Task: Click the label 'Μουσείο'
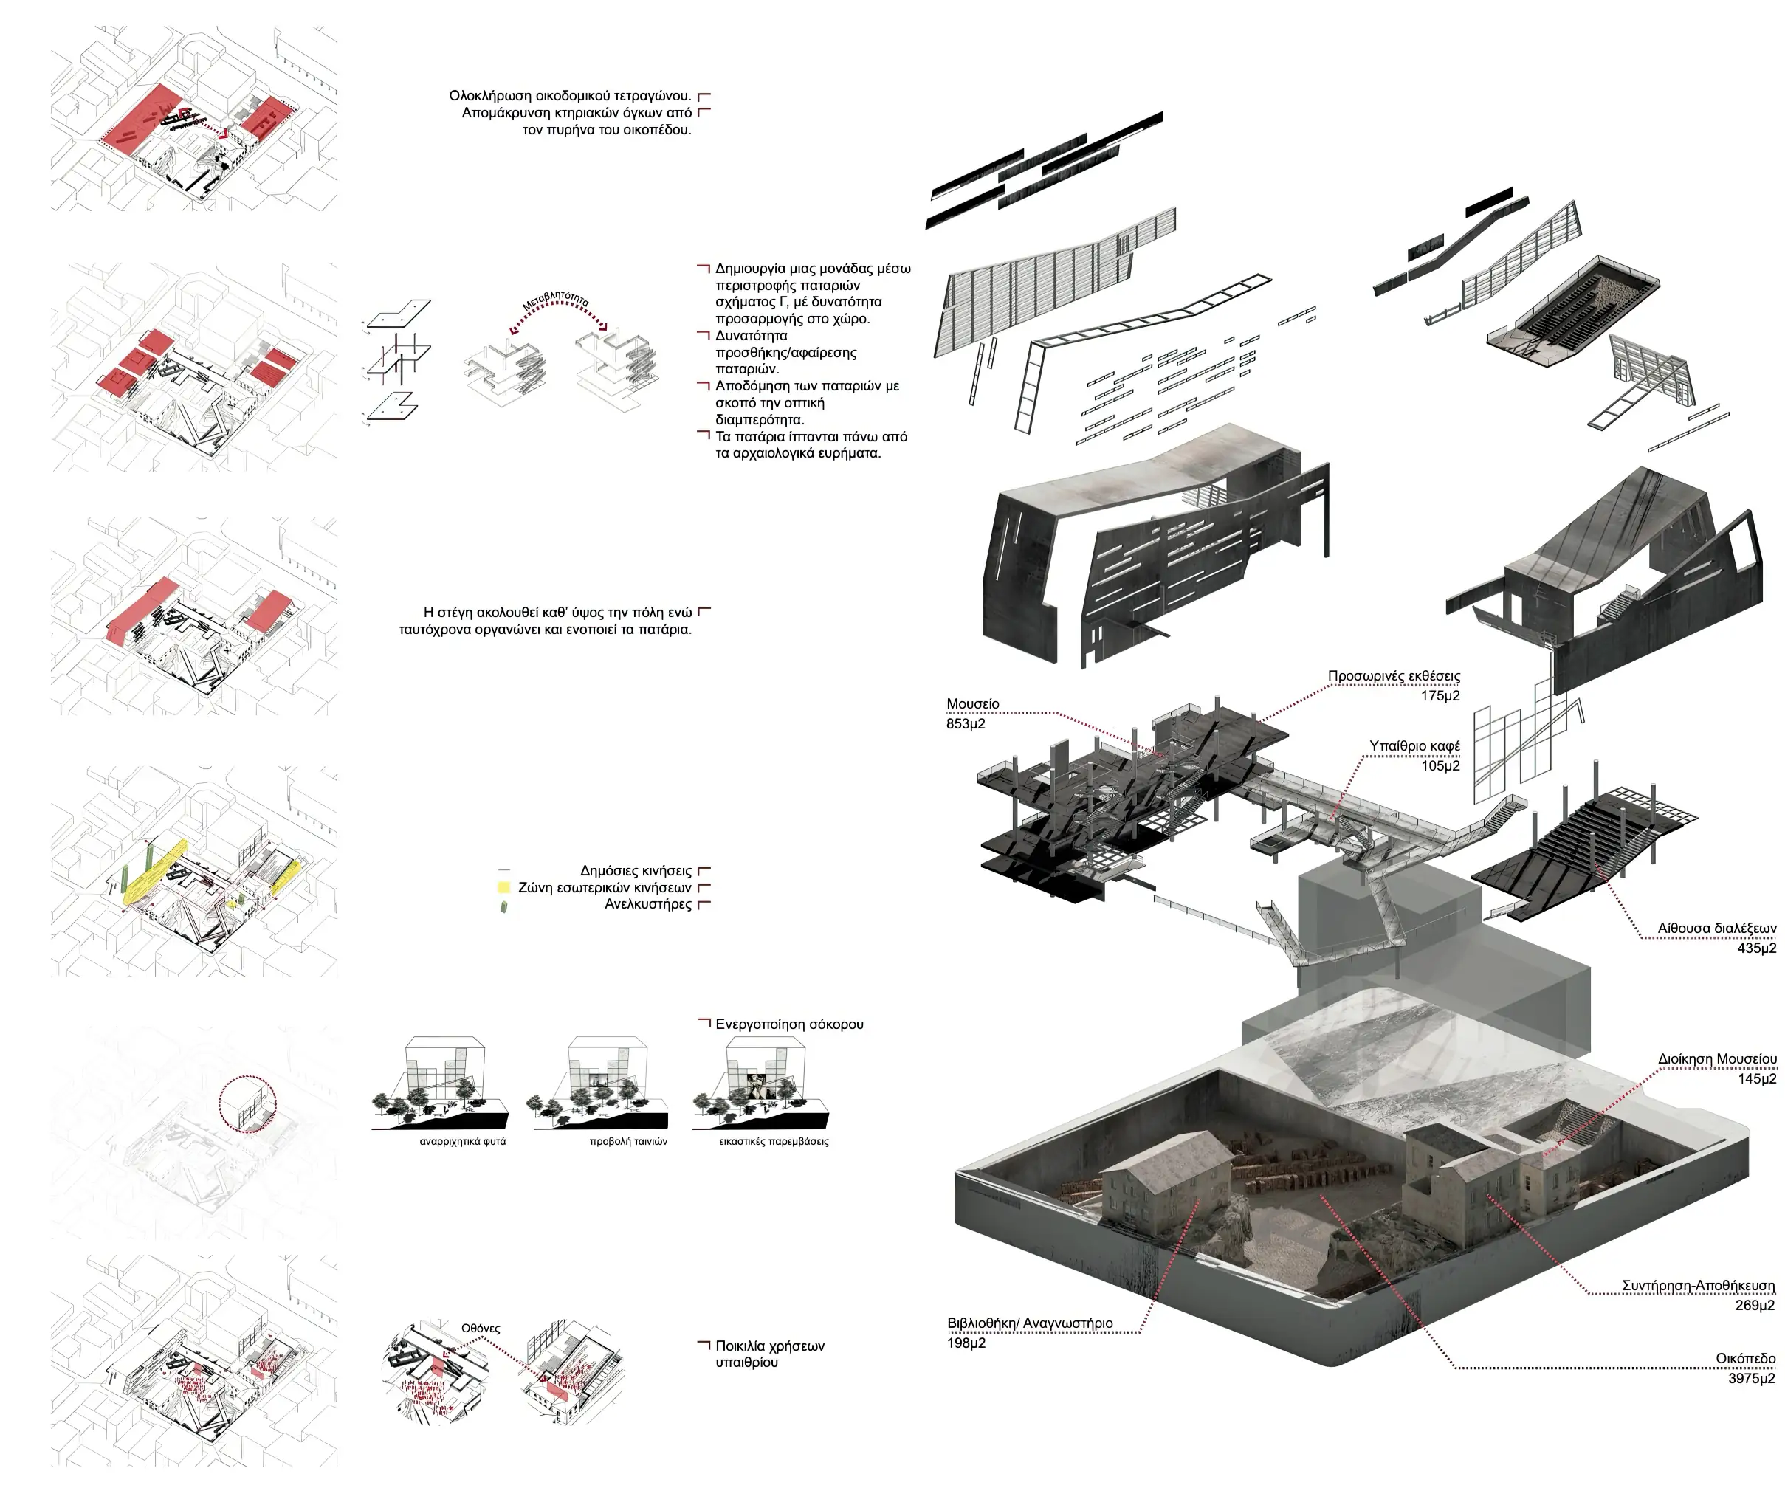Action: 972,703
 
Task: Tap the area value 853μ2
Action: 966,723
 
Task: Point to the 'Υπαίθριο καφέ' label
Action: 1414,746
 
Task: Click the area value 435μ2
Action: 1756,948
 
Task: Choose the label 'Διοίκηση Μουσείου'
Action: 1717,1059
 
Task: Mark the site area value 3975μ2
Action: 1751,1378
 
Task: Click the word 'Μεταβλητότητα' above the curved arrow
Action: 556,302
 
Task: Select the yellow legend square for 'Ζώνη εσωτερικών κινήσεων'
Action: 503,887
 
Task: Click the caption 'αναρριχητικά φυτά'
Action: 462,1141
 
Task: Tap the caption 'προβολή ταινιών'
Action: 628,1141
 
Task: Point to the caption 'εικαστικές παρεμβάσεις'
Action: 774,1141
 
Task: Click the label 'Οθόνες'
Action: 481,1329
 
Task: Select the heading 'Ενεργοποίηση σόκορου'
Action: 789,1024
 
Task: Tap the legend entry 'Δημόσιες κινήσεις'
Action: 636,871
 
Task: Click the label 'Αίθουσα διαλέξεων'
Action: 1716,929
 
